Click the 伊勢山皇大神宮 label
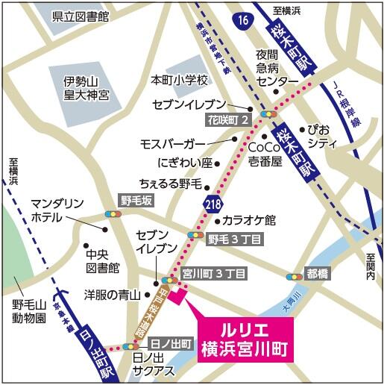[x=86, y=88]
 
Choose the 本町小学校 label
[x=178, y=79]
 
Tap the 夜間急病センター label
[x=278, y=67]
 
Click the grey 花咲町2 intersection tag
[x=226, y=119]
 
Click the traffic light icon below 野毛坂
[x=114, y=214]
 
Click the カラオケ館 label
[x=250, y=220]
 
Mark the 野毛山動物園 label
[x=29, y=311]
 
